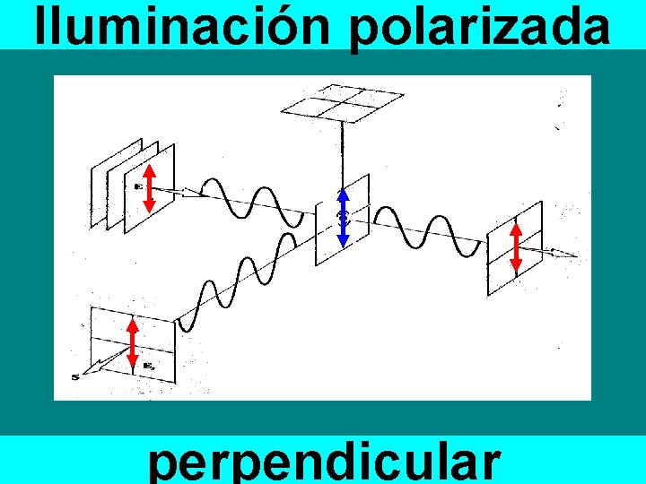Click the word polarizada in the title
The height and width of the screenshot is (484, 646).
coord(480,27)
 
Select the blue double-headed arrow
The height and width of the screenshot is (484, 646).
coord(342,218)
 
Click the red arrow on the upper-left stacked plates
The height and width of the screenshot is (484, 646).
coord(149,188)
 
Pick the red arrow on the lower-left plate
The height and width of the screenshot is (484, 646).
coord(133,344)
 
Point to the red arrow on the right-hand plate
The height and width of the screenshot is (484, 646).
coord(516,246)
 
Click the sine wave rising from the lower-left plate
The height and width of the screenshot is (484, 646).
coord(238,274)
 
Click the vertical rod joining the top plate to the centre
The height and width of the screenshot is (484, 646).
coord(342,152)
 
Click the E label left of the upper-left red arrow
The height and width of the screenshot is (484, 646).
coord(138,186)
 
